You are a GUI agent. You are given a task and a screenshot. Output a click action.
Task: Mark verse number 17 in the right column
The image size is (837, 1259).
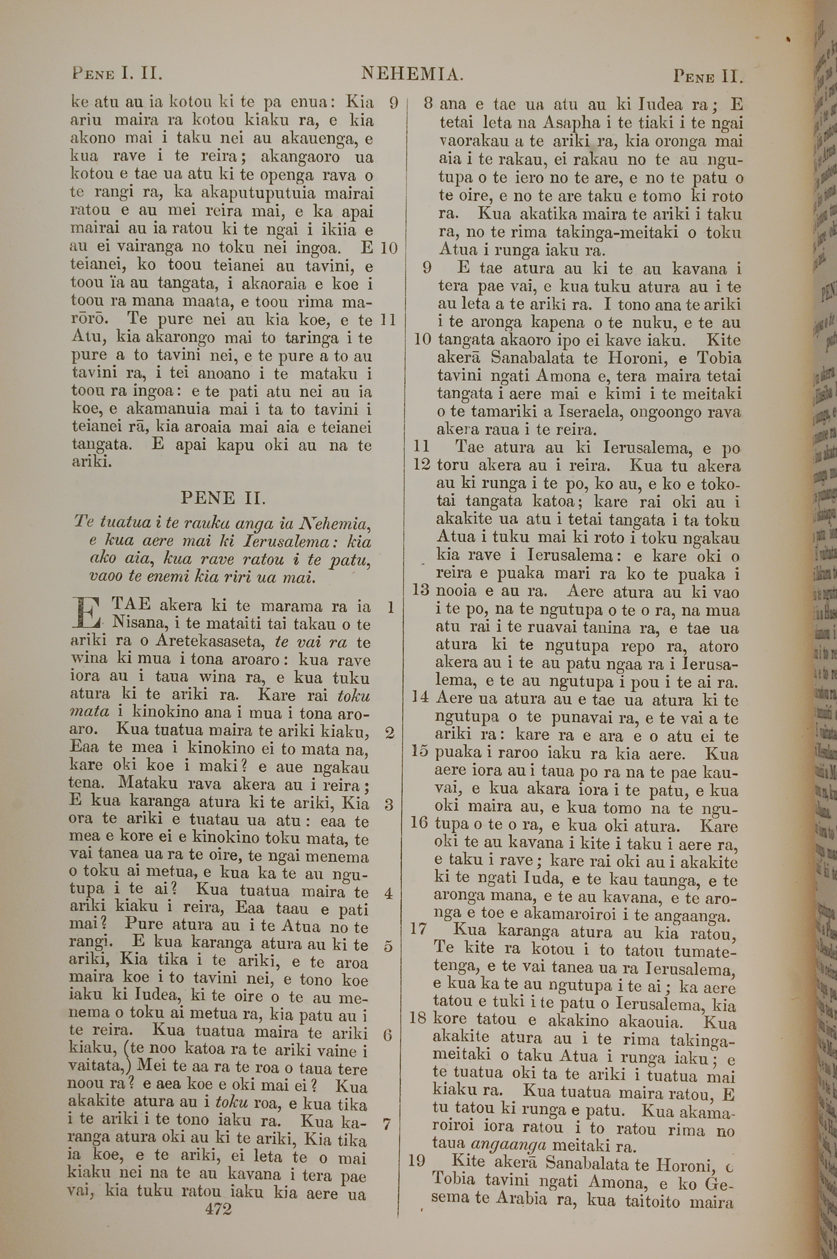[418, 914]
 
